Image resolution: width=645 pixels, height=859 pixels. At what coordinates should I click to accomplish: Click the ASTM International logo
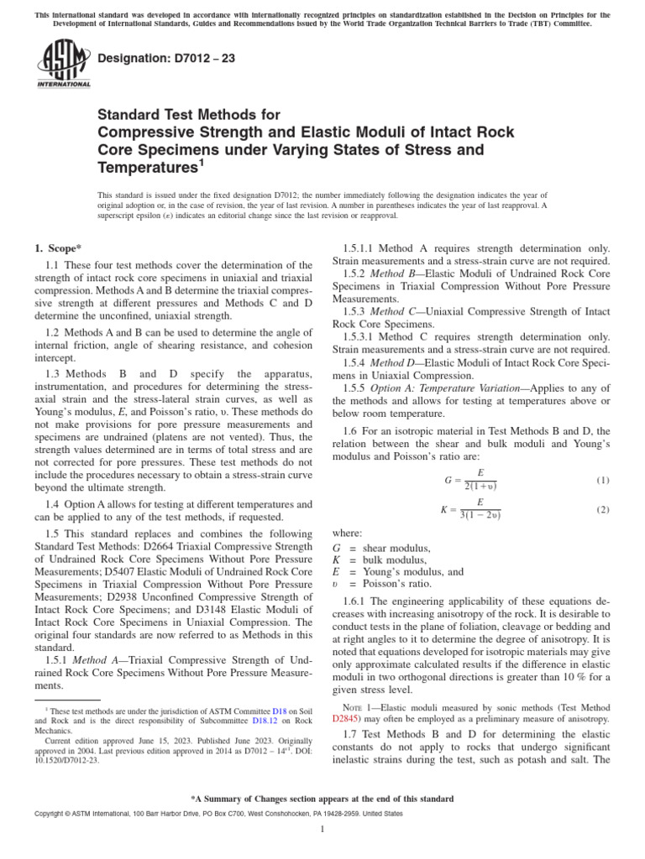63,65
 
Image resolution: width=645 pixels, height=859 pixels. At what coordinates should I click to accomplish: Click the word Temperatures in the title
148,169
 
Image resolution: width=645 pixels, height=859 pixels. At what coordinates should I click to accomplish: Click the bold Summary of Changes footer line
322,799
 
